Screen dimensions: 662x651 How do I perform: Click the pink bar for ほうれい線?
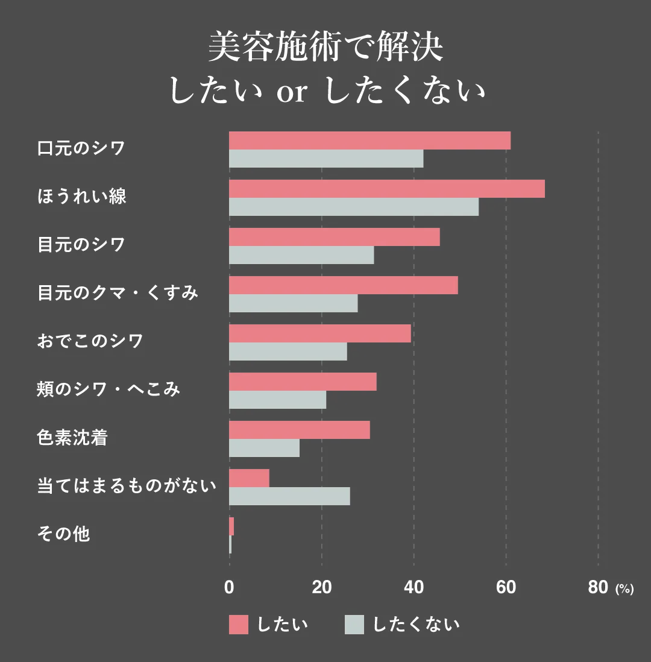pyautogui.click(x=386, y=189)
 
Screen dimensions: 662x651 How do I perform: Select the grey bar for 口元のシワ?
pyautogui.click(x=326, y=159)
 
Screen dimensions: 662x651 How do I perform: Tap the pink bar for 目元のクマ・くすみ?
pyautogui.click(x=343, y=285)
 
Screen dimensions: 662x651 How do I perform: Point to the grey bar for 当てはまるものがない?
pyautogui.click(x=289, y=496)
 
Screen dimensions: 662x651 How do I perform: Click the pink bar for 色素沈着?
pyautogui.click(x=299, y=430)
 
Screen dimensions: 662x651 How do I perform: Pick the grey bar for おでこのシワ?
pyautogui.click(x=288, y=351)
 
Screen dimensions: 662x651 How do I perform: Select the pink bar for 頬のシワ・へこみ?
pyautogui.click(x=303, y=382)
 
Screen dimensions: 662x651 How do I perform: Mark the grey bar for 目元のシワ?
pyautogui.click(x=301, y=255)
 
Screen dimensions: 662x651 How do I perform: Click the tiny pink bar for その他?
pyautogui.click(x=231, y=526)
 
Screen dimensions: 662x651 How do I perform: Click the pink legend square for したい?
pyautogui.click(x=238, y=625)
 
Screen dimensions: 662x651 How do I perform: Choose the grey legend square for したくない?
pyautogui.click(x=354, y=625)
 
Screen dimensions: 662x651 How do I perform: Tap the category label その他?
pyautogui.click(x=63, y=534)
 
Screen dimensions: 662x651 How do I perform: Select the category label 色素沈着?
pyautogui.click(x=72, y=438)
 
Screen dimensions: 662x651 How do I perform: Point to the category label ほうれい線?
pyautogui.click(x=82, y=197)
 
